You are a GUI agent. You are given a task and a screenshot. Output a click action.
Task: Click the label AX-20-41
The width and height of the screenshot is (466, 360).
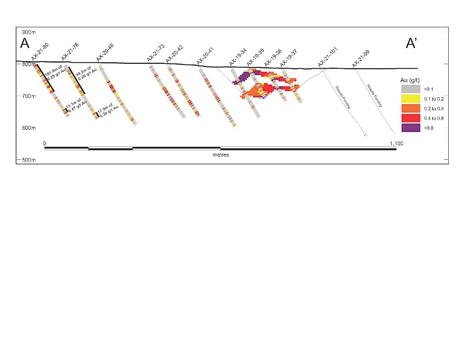pyautogui.click(x=205, y=55)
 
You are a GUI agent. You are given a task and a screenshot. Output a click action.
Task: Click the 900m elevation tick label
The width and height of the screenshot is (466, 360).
pyautogui.click(x=28, y=32)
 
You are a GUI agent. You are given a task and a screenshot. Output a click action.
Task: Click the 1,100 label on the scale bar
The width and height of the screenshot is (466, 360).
pyautogui.click(x=396, y=143)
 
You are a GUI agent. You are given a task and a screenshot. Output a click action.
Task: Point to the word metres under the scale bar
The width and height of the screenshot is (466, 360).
pyautogui.click(x=221, y=155)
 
